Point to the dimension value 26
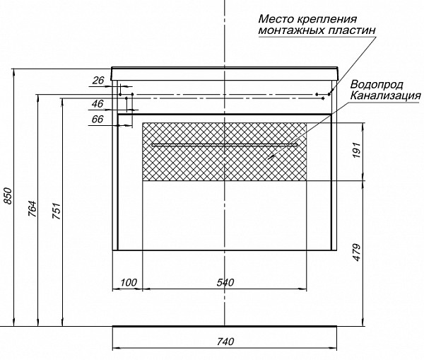point(98,80)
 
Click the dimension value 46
point(98,104)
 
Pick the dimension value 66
point(98,119)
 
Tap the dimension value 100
point(128,283)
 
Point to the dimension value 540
point(225,283)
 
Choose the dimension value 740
point(225,342)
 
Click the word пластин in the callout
point(349,30)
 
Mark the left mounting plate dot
point(121,94)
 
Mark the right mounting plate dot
point(329,94)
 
